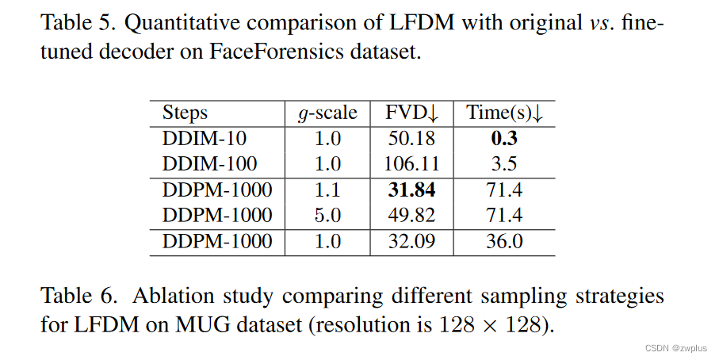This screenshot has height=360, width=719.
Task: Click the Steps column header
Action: (x=185, y=113)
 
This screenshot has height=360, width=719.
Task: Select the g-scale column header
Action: (x=327, y=113)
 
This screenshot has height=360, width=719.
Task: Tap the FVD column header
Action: (x=411, y=113)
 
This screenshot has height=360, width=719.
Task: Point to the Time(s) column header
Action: (x=504, y=113)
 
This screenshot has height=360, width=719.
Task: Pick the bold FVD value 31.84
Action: (x=411, y=190)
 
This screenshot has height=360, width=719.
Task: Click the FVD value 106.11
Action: (x=411, y=164)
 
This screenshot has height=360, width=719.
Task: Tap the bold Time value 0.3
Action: (x=503, y=139)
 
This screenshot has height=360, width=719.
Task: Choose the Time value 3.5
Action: (x=503, y=164)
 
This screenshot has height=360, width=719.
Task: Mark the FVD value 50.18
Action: (x=411, y=139)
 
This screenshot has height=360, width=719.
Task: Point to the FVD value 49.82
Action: (x=411, y=216)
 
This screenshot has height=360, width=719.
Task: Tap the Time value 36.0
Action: (x=503, y=242)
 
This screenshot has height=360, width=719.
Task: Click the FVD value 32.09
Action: (x=411, y=242)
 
